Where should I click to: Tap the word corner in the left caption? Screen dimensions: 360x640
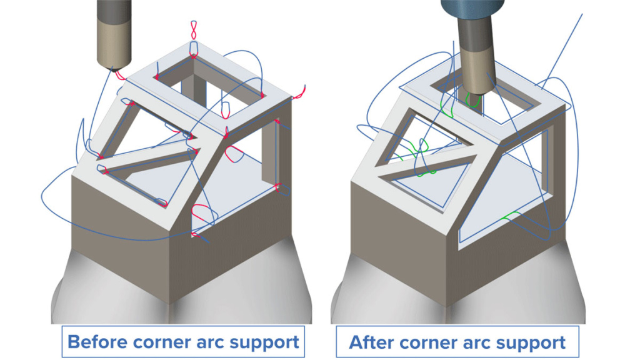(164, 342)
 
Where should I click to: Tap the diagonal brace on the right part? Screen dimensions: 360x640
(431, 159)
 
